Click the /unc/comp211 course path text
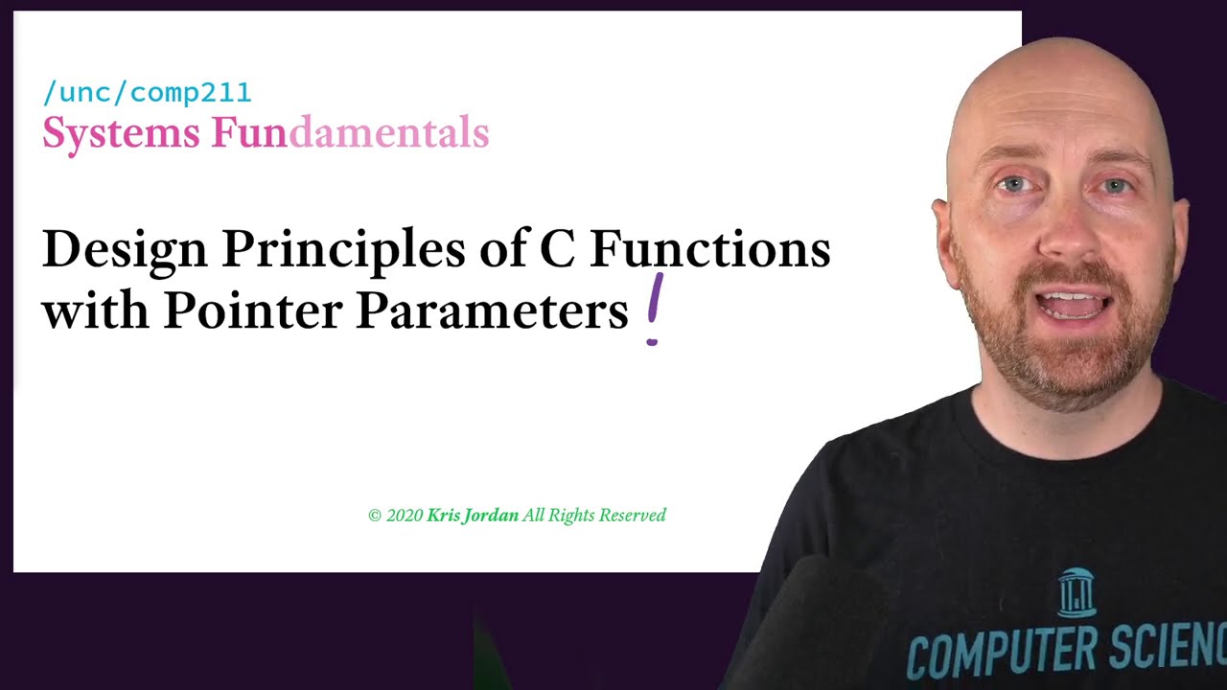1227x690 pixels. (x=148, y=93)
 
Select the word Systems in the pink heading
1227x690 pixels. (x=121, y=134)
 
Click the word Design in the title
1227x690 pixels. (x=125, y=249)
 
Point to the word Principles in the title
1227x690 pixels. (x=343, y=249)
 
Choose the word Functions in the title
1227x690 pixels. (x=710, y=248)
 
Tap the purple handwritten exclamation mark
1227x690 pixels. (x=654, y=310)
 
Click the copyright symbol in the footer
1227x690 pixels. (x=375, y=516)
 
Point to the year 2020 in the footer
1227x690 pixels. (x=405, y=516)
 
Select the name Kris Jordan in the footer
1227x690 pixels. (x=473, y=516)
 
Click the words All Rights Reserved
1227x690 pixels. (x=594, y=516)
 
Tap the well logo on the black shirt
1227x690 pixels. (x=1077, y=592)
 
